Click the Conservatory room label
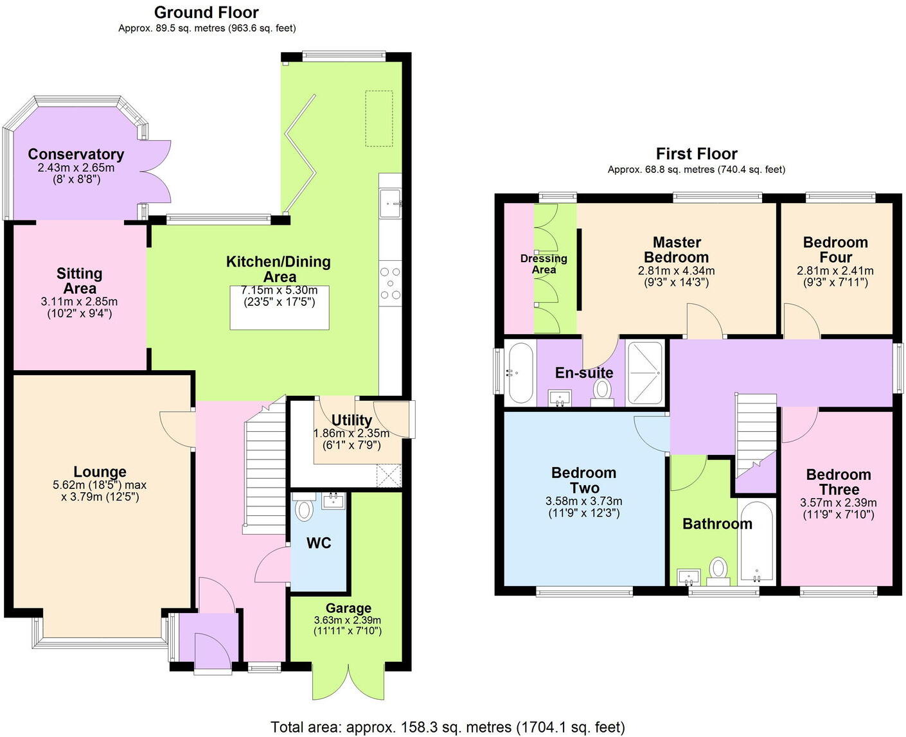pyautogui.click(x=76, y=154)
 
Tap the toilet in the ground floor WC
pyautogui.click(x=304, y=509)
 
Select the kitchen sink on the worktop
pyautogui.click(x=390, y=203)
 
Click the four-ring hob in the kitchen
pyautogui.click(x=390, y=283)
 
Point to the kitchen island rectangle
pyautogui.click(x=279, y=308)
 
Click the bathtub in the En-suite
pyautogui.click(x=520, y=373)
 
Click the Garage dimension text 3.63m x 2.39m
pyautogui.click(x=348, y=620)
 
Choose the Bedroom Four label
pyautogui.click(x=835, y=249)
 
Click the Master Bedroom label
pyautogui.click(x=677, y=249)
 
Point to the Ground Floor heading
pyautogui.click(x=206, y=12)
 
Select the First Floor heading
pyautogui.click(x=697, y=154)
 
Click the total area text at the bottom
pyautogui.click(x=448, y=727)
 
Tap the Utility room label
pyautogui.click(x=351, y=420)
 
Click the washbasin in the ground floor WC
pyautogui.click(x=333, y=500)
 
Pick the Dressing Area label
pyautogui.click(x=544, y=263)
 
